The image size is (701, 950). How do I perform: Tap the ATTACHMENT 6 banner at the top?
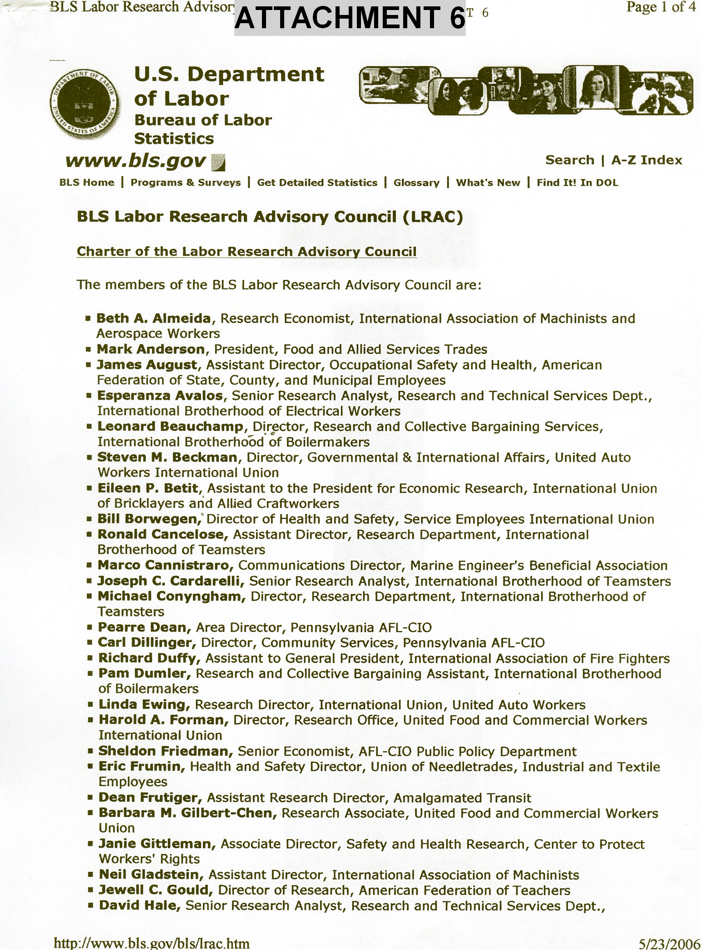tap(350, 19)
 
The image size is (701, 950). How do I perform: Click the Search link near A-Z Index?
tap(569, 160)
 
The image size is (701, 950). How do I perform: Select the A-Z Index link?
tap(647, 160)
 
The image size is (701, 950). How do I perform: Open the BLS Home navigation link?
tap(87, 183)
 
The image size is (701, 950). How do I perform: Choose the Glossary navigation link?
tap(416, 183)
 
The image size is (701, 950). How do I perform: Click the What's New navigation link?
tap(488, 183)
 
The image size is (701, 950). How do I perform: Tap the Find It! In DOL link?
tap(577, 183)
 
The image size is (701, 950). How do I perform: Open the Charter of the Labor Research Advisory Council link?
tap(247, 252)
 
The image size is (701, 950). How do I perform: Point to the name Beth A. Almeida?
tap(153, 318)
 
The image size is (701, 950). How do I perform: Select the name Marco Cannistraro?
tap(166, 565)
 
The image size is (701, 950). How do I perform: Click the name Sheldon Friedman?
tap(166, 751)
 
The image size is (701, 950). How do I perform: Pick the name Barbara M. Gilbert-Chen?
tap(188, 813)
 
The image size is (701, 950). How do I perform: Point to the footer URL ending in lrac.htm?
tap(151, 943)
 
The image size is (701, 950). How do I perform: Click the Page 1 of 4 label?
tap(661, 8)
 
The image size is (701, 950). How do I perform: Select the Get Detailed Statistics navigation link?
tap(317, 183)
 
